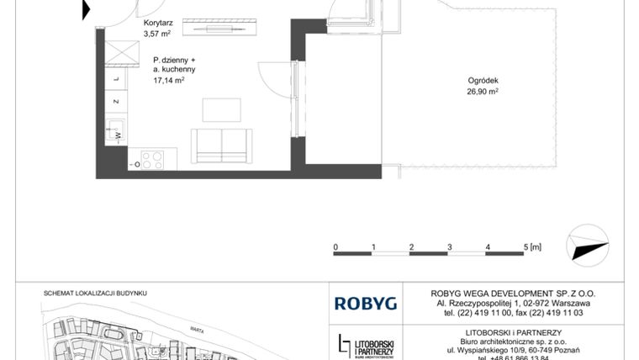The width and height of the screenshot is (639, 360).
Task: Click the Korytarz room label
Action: point(159,24)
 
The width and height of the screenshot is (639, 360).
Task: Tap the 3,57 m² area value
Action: point(157,35)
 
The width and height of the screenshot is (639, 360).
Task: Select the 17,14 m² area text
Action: point(168,81)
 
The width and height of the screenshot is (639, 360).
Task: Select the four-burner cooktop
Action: point(152,159)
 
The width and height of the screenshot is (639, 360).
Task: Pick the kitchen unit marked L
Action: point(116,80)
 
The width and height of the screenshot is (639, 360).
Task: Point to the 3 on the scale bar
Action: point(450,246)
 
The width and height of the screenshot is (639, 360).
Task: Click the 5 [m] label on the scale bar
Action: point(531,246)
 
